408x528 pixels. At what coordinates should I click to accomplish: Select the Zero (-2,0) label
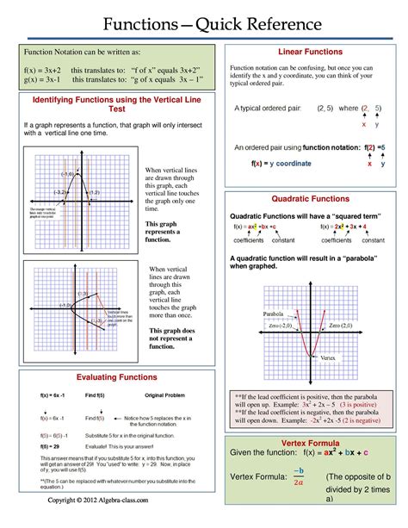click(285, 326)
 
